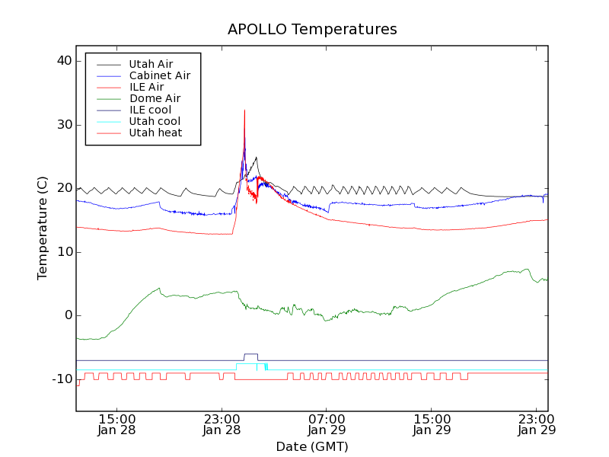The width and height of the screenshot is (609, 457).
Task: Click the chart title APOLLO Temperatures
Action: [312, 30]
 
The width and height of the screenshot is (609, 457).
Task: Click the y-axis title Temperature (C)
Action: [43, 228]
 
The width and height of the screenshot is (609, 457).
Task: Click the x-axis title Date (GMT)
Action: [312, 446]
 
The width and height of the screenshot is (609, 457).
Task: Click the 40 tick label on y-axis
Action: [63, 61]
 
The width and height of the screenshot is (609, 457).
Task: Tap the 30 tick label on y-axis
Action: [63, 125]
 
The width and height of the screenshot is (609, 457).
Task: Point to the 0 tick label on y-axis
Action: [67, 315]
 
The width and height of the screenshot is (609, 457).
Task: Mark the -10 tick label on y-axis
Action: [61, 379]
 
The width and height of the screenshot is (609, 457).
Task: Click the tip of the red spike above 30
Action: [244, 110]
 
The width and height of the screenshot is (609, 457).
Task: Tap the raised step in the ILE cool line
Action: [250, 354]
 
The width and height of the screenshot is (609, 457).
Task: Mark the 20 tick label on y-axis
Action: [63, 188]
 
